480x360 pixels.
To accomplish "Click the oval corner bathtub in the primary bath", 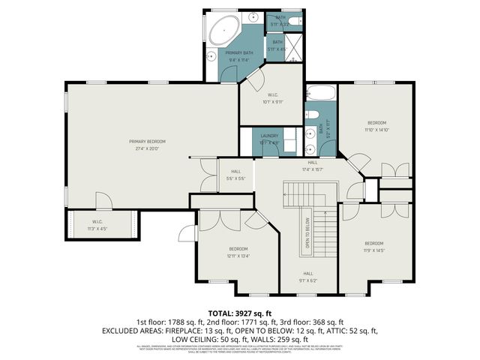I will click(x=223, y=31).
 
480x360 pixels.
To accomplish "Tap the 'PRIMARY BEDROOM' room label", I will click(x=147, y=141).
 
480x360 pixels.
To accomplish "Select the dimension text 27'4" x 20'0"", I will click(x=147, y=148).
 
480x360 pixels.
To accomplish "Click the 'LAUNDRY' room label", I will click(x=268, y=136).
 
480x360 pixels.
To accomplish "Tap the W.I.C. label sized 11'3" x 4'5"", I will click(x=97, y=226).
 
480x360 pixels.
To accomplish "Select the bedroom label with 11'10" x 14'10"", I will click(x=376, y=122).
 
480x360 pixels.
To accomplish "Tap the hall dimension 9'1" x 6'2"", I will click(x=307, y=280).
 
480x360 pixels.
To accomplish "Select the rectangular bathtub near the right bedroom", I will click(x=321, y=95).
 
